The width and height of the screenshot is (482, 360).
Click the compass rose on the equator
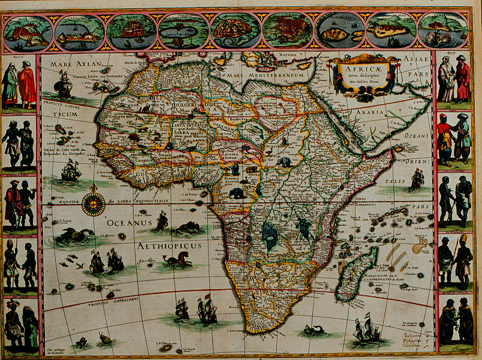click(93, 205)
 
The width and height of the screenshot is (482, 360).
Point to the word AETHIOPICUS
click(167, 246)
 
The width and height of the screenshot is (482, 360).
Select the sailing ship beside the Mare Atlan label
click(63, 84)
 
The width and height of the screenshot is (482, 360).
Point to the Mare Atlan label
click(74, 64)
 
